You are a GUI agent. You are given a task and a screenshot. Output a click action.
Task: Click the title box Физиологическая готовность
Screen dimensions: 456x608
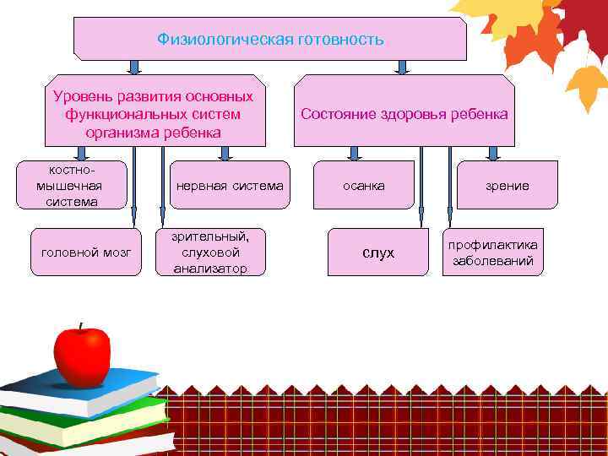coord(270,39)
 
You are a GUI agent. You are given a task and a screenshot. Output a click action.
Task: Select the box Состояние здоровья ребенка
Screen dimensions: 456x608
coord(404,111)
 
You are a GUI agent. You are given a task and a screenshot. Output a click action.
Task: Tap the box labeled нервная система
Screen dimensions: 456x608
coord(229,185)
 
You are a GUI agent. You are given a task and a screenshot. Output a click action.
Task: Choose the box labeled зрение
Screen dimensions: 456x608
coord(507,185)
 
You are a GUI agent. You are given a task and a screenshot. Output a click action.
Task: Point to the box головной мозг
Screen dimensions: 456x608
coord(86,252)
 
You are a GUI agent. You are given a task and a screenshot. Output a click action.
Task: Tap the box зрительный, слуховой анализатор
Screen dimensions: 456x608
coord(210,252)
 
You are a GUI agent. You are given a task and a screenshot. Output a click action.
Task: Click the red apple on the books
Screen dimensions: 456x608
coord(81,355)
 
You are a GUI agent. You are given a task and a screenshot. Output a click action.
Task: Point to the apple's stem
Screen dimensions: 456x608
coord(80,327)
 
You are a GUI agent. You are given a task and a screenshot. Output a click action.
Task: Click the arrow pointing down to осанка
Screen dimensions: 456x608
coord(355,153)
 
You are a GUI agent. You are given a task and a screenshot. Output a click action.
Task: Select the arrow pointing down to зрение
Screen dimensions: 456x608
coord(494,153)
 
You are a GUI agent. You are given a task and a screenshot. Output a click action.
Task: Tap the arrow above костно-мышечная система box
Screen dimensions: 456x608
coord(82,153)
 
